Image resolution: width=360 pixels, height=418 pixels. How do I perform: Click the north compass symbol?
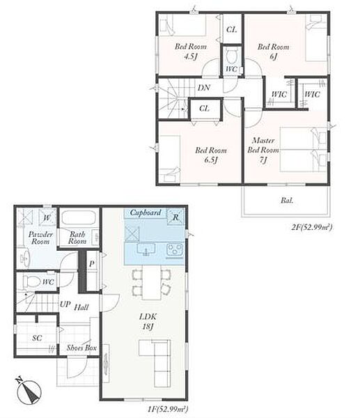tap(29, 392)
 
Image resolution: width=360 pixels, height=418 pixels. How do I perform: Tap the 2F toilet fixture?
tap(231, 56)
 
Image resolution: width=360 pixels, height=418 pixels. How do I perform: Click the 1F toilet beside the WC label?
tap(31, 281)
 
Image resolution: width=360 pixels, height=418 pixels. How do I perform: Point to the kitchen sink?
tap(146, 250)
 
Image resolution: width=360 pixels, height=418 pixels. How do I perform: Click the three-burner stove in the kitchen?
tap(175, 251)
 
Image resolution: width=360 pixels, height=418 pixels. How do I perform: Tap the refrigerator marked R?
tap(175, 217)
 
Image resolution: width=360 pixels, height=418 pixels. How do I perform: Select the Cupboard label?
tap(146, 212)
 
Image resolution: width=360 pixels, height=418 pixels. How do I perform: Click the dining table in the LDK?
tap(151, 282)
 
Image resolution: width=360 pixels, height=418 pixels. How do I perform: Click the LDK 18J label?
tap(148, 321)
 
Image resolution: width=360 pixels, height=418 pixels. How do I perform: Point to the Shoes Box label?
tap(81, 348)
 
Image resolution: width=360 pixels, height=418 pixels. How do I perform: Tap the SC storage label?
tap(37, 338)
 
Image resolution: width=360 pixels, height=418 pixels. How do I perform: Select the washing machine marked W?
tap(47, 217)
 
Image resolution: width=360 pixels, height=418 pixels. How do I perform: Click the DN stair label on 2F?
tap(204, 88)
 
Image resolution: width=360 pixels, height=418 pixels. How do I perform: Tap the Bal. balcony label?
tap(287, 201)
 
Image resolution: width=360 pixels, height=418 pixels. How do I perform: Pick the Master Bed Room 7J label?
tap(263, 150)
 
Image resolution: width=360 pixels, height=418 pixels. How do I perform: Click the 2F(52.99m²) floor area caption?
tap(312, 227)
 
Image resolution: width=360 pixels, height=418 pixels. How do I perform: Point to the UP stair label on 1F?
tap(65, 304)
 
